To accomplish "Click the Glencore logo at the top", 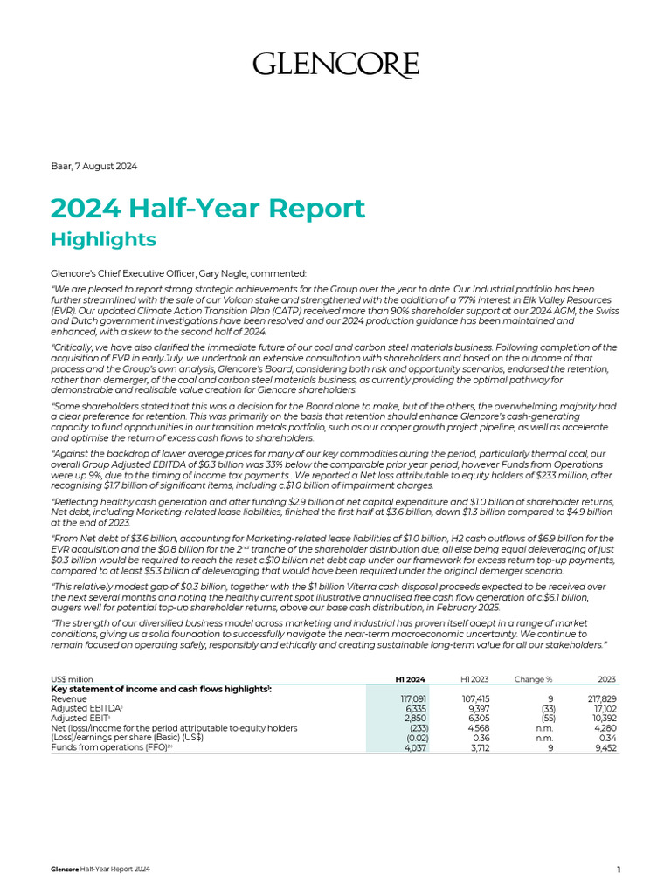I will click(335, 65).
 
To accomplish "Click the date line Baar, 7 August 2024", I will click(94, 166).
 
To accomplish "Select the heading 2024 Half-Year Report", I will click(207, 209).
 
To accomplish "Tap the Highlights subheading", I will click(103, 239).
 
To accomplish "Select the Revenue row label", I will click(69, 699).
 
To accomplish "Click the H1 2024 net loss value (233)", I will click(418, 728).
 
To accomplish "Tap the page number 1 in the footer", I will click(619, 870).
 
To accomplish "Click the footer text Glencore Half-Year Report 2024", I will click(100, 870).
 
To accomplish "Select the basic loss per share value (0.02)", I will click(416, 738).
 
